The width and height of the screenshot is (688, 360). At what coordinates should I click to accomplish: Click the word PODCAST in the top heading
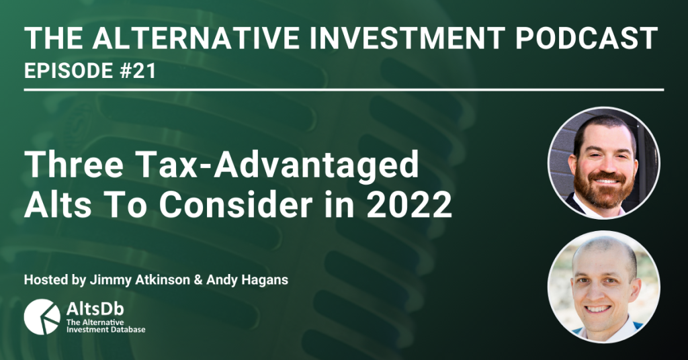586,38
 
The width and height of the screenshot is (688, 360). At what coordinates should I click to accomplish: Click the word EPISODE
69,71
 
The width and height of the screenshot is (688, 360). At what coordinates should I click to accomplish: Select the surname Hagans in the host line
269,281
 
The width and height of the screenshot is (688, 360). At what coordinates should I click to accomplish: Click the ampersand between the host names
198,280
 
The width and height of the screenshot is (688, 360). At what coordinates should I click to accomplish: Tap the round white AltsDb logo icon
42,317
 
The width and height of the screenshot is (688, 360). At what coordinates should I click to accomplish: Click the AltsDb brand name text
95,309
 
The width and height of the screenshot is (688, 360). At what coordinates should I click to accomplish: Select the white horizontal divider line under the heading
344,90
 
